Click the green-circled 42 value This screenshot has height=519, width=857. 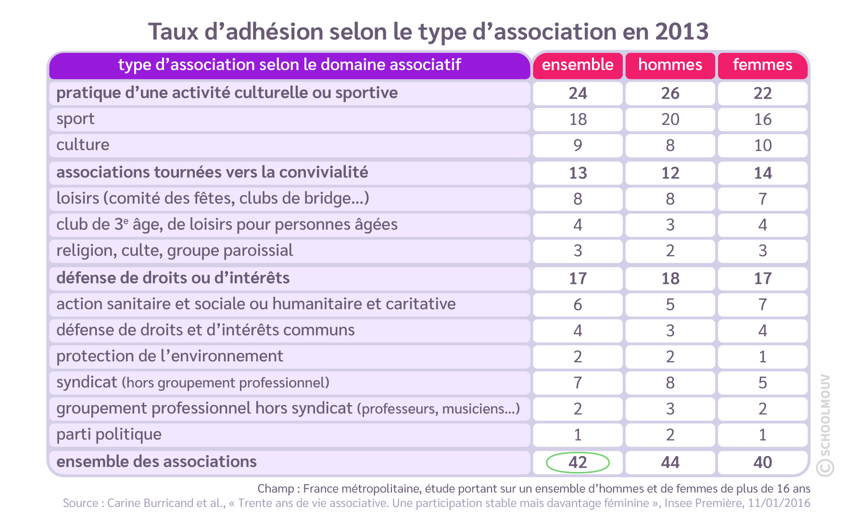point(578,462)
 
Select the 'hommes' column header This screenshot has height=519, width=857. point(670,65)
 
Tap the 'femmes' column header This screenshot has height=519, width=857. point(762,65)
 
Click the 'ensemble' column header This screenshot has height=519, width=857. point(578,65)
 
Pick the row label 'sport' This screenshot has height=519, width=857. point(76,119)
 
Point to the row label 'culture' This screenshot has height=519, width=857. point(83,145)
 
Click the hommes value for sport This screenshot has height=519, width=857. point(670,119)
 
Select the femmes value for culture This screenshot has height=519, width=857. point(762,145)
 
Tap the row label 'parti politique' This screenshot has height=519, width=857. point(109,434)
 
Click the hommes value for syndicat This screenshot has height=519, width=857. point(670,383)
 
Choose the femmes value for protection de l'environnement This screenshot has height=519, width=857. point(762,357)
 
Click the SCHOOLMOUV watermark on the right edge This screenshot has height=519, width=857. point(824,423)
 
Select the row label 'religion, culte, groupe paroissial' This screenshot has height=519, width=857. point(175,251)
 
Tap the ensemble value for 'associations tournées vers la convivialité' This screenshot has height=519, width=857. point(578,173)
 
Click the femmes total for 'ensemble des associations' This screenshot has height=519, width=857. point(762,462)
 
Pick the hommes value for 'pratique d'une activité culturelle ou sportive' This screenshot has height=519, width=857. point(670,93)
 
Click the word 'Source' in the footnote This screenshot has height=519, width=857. point(80,503)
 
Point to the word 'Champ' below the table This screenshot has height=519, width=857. point(276,489)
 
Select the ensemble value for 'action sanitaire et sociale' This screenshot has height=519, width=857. point(578,305)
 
